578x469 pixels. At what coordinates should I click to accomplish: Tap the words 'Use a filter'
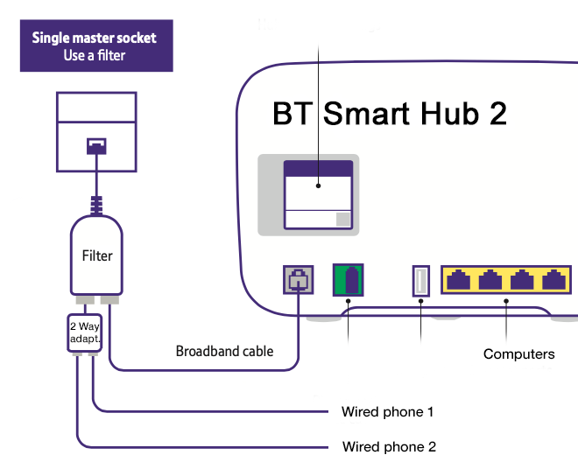(x=95, y=56)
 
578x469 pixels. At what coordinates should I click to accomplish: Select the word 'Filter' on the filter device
(x=97, y=255)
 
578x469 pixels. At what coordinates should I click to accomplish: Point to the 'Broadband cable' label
(x=224, y=352)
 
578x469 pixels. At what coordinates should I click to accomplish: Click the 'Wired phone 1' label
(x=387, y=411)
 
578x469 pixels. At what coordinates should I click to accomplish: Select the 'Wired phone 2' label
(x=389, y=447)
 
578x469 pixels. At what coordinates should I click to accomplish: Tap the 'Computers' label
(x=518, y=354)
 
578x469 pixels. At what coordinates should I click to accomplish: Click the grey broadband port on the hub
(x=299, y=281)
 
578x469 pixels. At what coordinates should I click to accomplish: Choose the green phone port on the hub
(x=349, y=281)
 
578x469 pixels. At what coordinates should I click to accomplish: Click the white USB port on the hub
(x=420, y=281)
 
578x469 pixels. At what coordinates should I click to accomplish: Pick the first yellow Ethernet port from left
(x=459, y=281)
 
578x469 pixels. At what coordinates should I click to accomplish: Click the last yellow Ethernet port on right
(x=553, y=281)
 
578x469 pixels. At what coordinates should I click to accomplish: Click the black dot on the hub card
(x=319, y=185)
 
